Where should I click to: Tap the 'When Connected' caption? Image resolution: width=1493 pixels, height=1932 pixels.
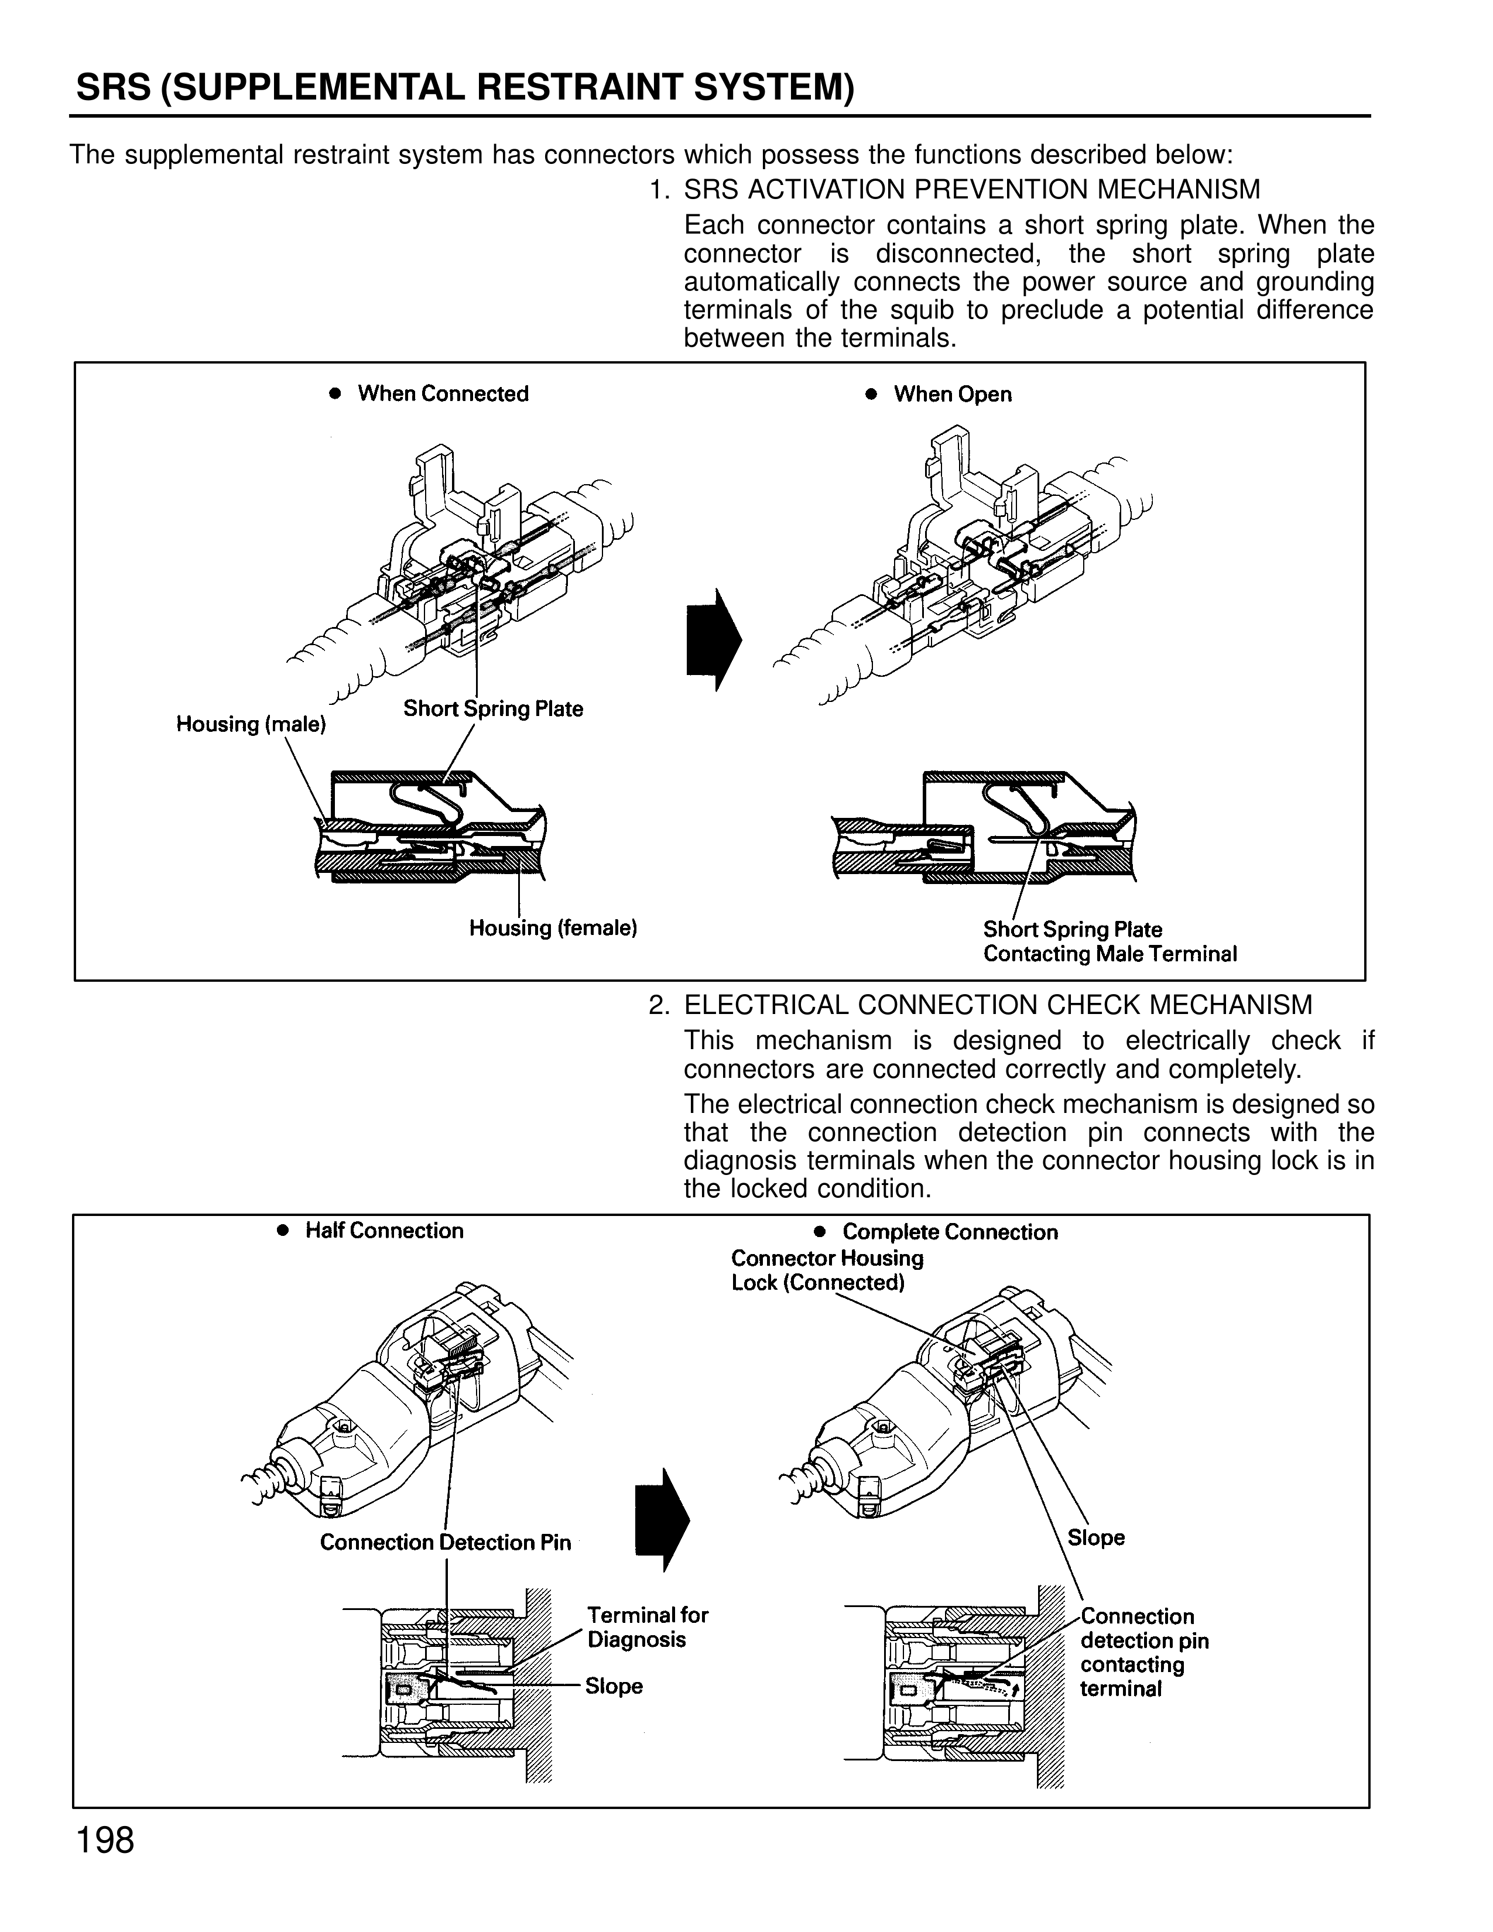(x=442, y=393)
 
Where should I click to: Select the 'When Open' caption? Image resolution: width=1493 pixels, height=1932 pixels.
(x=951, y=395)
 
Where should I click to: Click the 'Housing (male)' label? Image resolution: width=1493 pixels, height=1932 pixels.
(x=251, y=725)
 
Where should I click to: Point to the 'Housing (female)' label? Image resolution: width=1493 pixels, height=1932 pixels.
(x=553, y=928)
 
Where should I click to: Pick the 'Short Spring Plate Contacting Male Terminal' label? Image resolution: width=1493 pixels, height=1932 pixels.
(x=1109, y=941)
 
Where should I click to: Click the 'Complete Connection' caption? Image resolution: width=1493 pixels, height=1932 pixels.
(x=949, y=1232)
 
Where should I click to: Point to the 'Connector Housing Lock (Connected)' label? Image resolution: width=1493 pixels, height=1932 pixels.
(x=826, y=1270)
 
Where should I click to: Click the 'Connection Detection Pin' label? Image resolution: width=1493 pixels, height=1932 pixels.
(x=445, y=1542)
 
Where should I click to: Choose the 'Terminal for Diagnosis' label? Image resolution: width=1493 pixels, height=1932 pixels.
(x=648, y=1627)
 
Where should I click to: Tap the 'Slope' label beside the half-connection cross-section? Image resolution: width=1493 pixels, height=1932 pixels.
(x=614, y=1686)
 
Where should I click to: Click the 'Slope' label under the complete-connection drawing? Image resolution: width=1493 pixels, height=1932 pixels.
(x=1096, y=1537)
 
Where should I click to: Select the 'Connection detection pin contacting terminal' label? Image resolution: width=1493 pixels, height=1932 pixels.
(x=1143, y=1653)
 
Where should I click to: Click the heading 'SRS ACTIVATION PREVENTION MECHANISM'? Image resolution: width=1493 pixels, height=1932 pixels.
(x=971, y=189)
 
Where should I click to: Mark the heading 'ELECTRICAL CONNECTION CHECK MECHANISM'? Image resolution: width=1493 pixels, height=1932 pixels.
(x=998, y=1005)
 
